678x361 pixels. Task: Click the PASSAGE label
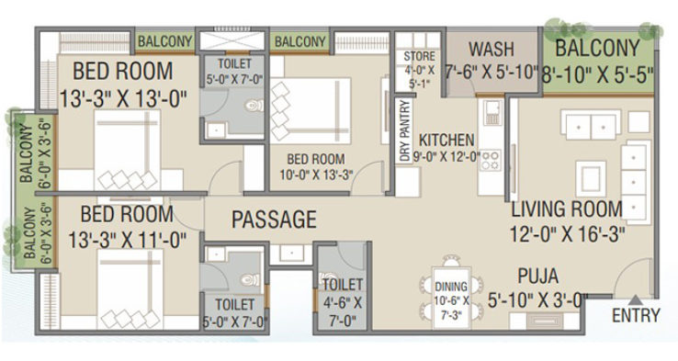(x=274, y=220)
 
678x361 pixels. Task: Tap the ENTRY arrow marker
(x=635, y=299)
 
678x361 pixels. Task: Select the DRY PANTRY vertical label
(x=405, y=131)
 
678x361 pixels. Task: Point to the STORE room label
(x=419, y=56)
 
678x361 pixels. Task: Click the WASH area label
(x=492, y=49)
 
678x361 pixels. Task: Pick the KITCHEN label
(x=446, y=140)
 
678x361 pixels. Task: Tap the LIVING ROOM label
(x=567, y=209)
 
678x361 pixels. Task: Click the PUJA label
(x=538, y=276)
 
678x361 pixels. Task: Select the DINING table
(x=451, y=298)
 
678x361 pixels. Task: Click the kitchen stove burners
(x=492, y=160)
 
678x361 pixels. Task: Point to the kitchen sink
(x=492, y=112)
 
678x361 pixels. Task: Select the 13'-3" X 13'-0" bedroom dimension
(x=123, y=98)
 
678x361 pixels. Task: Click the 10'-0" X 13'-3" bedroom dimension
(x=316, y=175)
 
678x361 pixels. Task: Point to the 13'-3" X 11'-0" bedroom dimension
(x=127, y=240)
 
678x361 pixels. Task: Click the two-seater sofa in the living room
(x=591, y=124)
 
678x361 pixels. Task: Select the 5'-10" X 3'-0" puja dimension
(x=537, y=300)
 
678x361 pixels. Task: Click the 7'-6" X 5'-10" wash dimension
(x=492, y=72)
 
